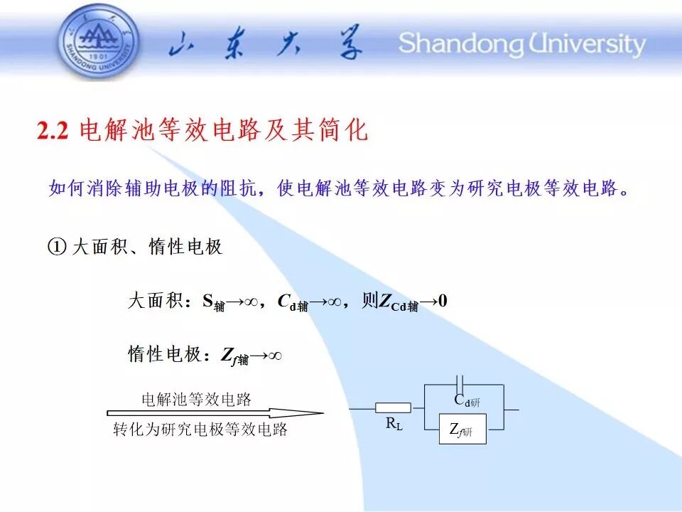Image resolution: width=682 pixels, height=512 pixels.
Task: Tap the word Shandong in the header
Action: (x=461, y=44)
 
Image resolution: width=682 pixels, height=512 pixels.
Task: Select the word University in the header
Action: (x=587, y=44)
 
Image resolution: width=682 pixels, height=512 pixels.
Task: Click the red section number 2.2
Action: (x=53, y=130)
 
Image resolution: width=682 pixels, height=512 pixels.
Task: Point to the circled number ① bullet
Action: (x=57, y=247)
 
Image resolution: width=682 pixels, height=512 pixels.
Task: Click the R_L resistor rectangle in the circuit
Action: (x=393, y=408)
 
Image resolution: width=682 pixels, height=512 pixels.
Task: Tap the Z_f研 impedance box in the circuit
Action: (x=462, y=430)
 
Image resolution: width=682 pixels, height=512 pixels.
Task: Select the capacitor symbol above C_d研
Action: (x=460, y=385)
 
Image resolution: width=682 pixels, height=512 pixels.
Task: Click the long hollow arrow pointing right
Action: (x=215, y=413)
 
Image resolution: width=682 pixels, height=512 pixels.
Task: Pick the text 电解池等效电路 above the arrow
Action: (x=197, y=399)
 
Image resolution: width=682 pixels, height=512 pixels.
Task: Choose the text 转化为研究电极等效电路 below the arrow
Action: (x=200, y=430)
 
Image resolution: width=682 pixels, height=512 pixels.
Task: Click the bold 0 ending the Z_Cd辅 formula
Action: (x=443, y=301)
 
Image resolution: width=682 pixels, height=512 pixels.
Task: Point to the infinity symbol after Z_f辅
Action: (x=275, y=356)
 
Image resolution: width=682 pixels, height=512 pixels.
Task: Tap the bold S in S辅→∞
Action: (x=208, y=300)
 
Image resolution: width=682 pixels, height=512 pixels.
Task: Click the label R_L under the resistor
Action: (x=394, y=423)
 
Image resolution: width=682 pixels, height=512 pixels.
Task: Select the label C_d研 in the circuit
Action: (x=467, y=400)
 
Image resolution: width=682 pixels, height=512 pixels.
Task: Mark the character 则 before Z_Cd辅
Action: (x=369, y=300)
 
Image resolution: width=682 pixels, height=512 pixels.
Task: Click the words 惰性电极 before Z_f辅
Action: (x=165, y=354)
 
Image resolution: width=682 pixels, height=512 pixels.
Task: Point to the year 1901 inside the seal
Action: (x=98, y=57)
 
